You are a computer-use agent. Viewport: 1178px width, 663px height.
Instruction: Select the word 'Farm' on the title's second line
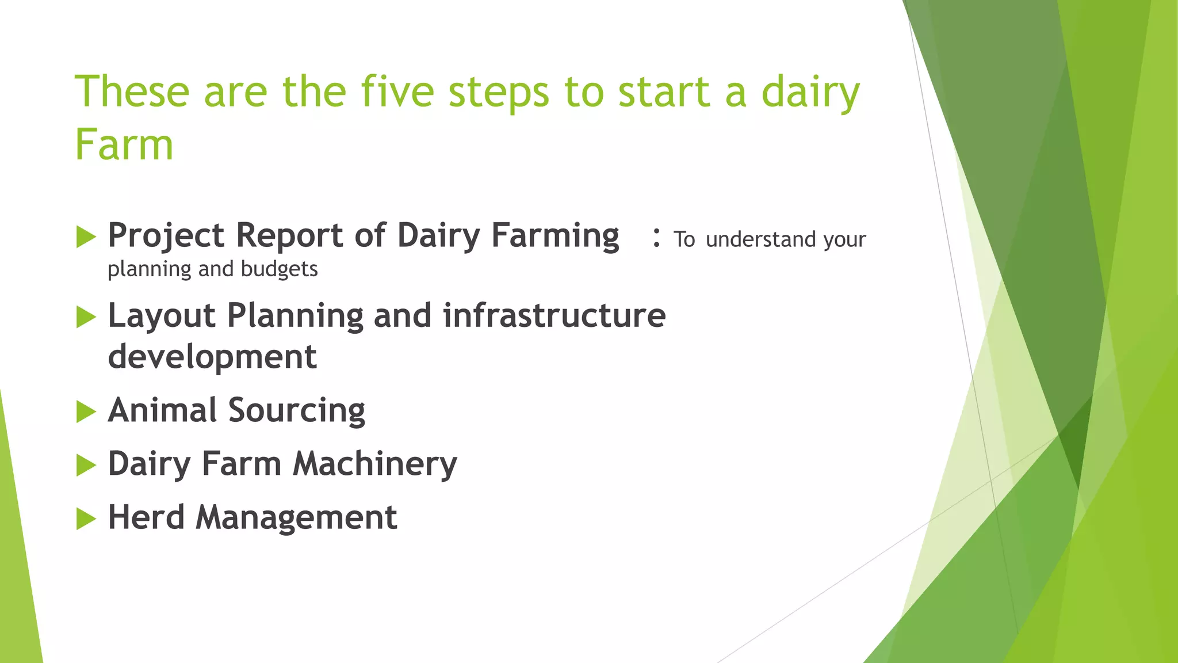tap(124, 145)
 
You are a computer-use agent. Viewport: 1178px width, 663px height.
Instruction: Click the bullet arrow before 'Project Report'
tap(86, 237)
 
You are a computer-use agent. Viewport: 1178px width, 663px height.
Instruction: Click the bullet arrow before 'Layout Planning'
tap(86, 317)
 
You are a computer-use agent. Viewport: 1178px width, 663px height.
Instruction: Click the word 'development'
tap(212, 357)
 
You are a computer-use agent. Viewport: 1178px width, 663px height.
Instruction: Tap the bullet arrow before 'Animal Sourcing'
tap(86, 411)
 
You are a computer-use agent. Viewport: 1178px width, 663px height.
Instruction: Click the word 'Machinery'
tap(375, 464)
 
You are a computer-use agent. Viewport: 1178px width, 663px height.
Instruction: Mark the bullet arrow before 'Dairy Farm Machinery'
tap(86, 465)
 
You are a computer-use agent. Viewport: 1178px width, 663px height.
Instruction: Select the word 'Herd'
tap(146, 517)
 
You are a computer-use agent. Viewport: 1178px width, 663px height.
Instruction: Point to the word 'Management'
tap(296, 518)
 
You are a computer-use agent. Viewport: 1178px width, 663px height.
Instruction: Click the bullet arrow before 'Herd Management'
tap(86, 519)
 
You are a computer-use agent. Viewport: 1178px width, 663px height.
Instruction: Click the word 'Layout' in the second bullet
tap(162, 317)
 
